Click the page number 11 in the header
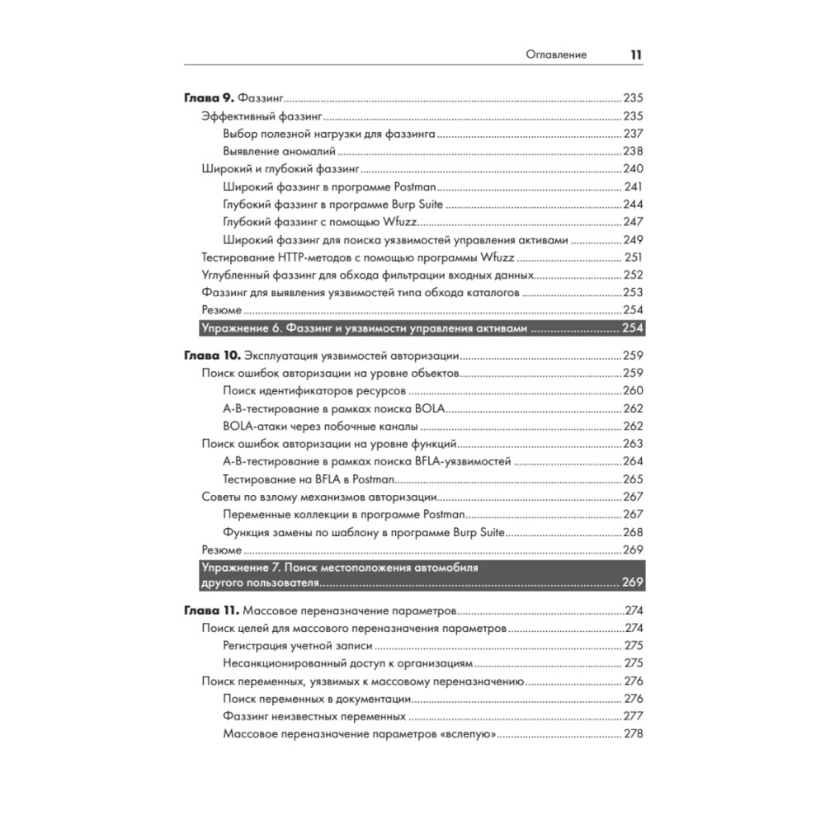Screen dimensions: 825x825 (636, 54)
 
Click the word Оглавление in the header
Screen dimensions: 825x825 (557, 54)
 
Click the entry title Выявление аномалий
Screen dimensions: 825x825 (278, 151)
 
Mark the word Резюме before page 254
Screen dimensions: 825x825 (222, 310)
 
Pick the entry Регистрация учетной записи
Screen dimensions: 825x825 (297, 646)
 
